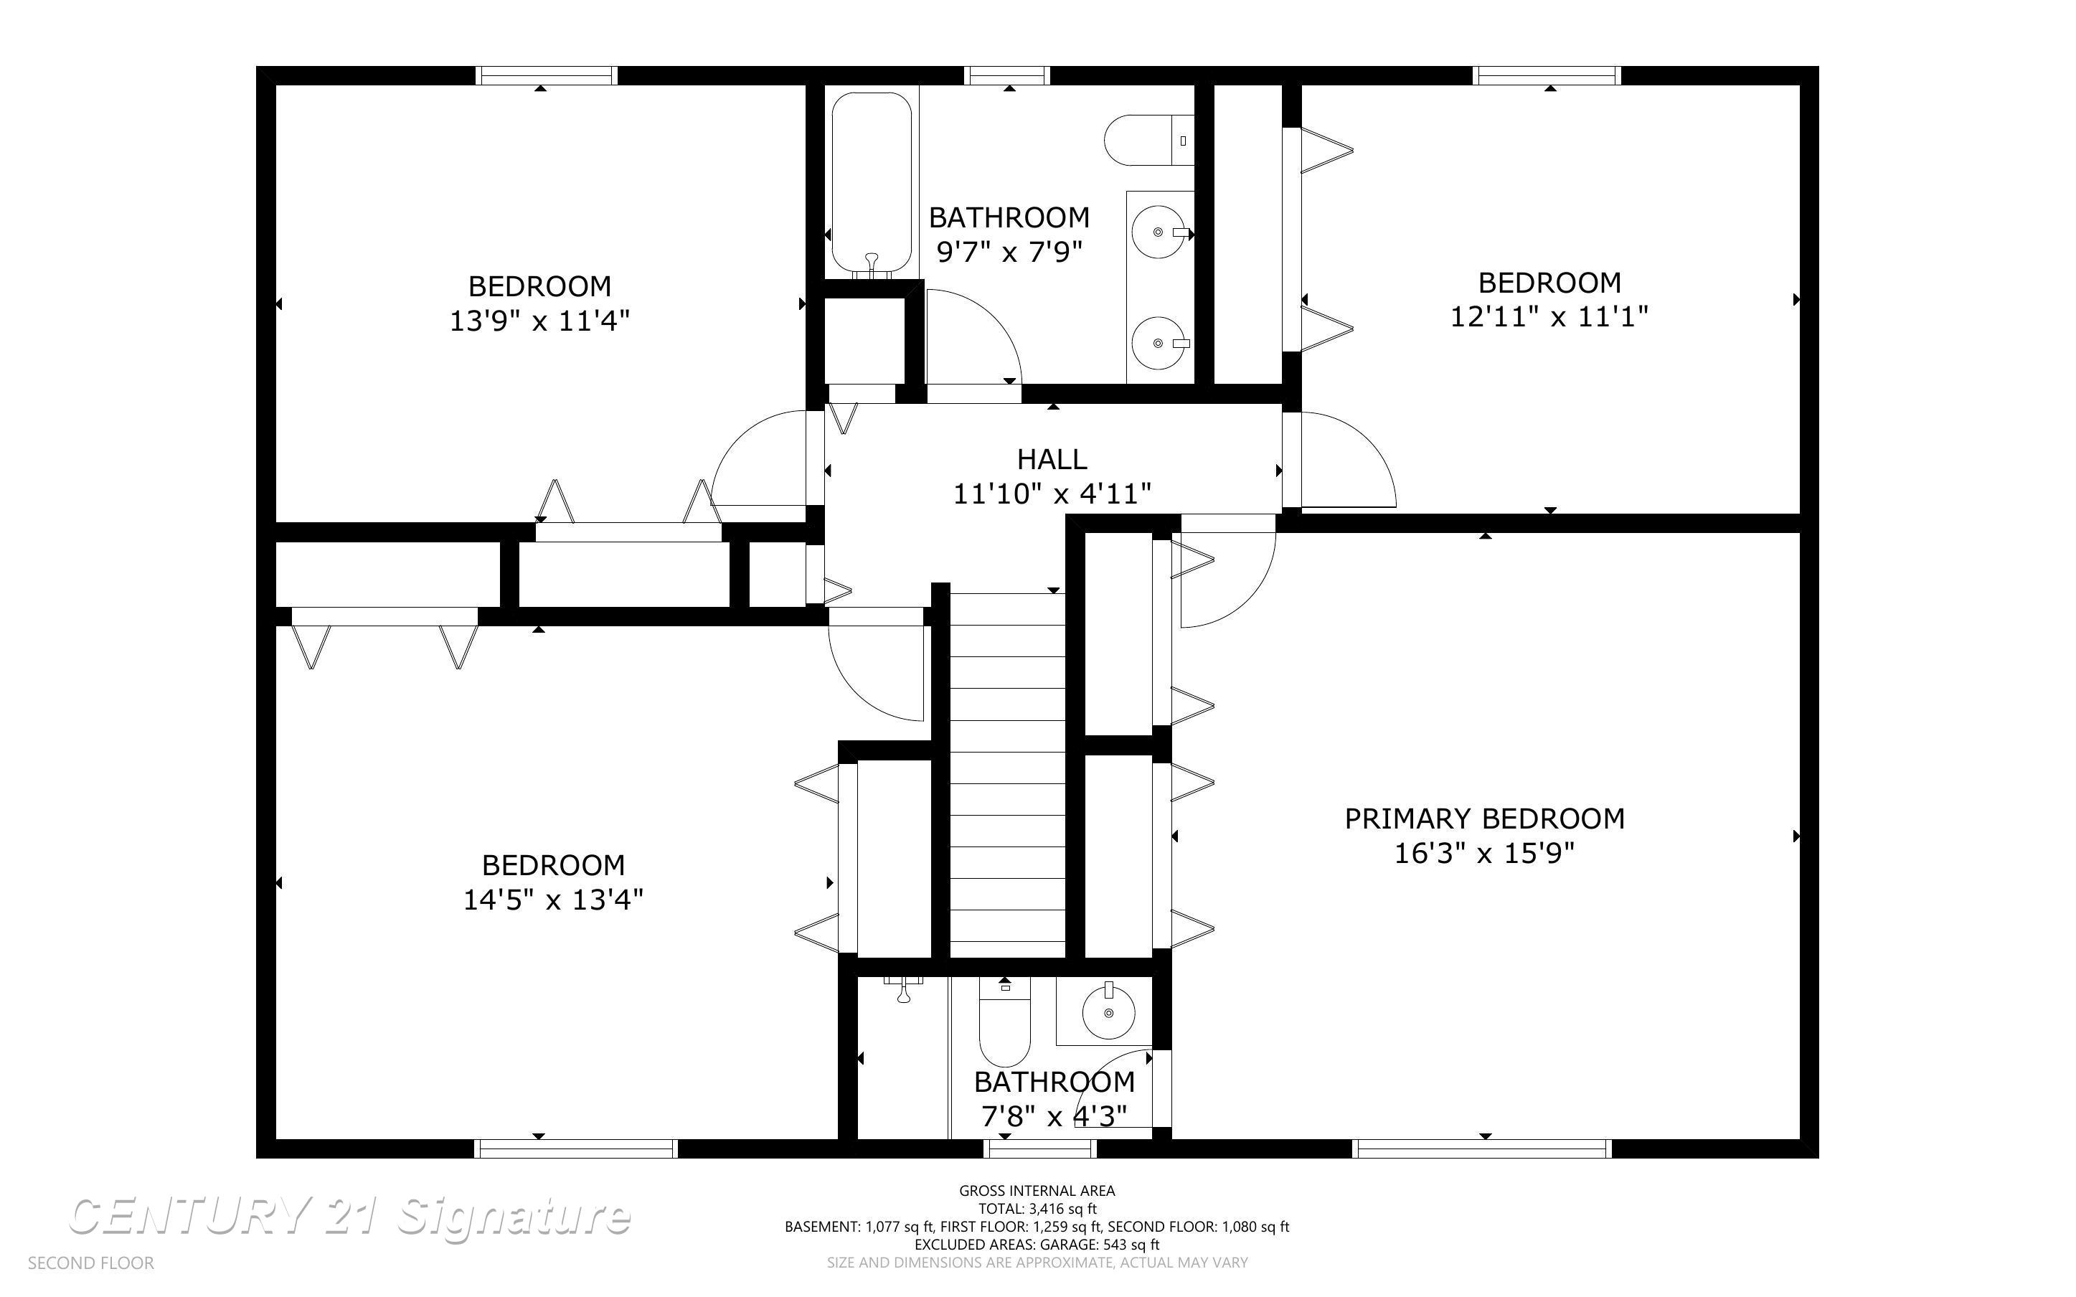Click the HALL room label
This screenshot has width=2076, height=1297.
pos(1052,460)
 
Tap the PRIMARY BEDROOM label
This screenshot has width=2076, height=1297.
pos(1484,819)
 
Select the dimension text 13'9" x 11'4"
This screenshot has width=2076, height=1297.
pos(540,321)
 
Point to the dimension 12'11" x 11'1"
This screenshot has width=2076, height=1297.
pos(1549,316)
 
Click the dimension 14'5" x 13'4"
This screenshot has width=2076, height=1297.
pos(554,900)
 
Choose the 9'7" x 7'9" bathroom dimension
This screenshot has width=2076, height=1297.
pos(1010,253)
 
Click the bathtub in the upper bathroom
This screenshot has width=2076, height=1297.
pos(871,184)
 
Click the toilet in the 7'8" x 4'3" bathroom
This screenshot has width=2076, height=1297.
pos(1005,1022)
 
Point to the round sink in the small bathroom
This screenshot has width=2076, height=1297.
pos(1109,1012)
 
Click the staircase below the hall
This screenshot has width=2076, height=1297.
pos(1008,775)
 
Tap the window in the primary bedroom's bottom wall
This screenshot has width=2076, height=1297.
pos(1483,1149)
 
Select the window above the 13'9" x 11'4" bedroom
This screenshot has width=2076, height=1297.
pos(546,75)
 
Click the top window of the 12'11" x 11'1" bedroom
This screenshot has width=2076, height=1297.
pos(1547,75)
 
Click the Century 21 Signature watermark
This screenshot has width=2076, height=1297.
pos(350,1217)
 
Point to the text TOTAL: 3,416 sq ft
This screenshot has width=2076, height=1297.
pos(1037,1209)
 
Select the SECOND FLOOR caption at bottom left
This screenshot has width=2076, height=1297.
pos(91,1263)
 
